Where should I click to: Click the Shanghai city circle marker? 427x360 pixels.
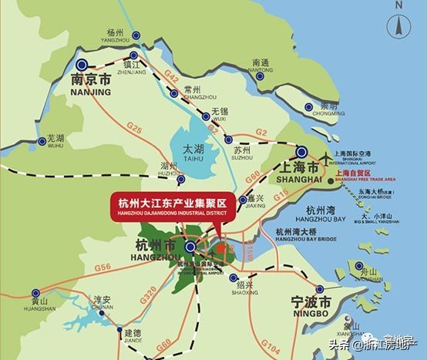click(x=302, y=152)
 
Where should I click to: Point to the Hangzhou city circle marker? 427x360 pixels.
click(x=190, y=247)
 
